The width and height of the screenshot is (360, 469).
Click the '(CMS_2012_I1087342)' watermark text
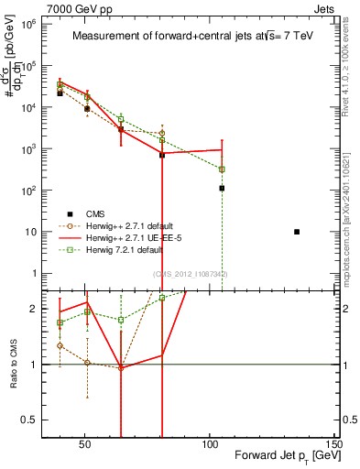190,274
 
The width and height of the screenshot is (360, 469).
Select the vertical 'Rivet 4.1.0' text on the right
350,64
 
